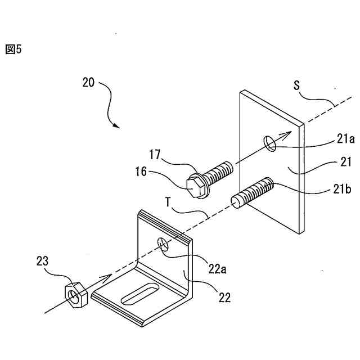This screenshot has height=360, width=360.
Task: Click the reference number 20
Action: click(88, 82)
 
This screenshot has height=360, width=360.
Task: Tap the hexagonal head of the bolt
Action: click(194, 186)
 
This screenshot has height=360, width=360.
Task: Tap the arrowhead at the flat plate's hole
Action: click(286, 135)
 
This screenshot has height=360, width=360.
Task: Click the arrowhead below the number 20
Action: click(116, 125)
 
